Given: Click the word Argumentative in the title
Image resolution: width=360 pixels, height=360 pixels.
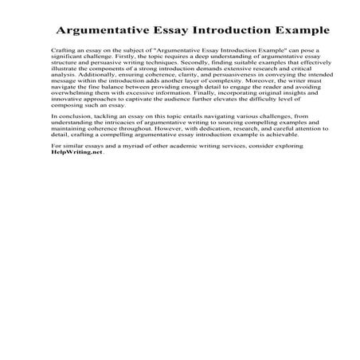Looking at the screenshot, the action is tap(103, 32).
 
